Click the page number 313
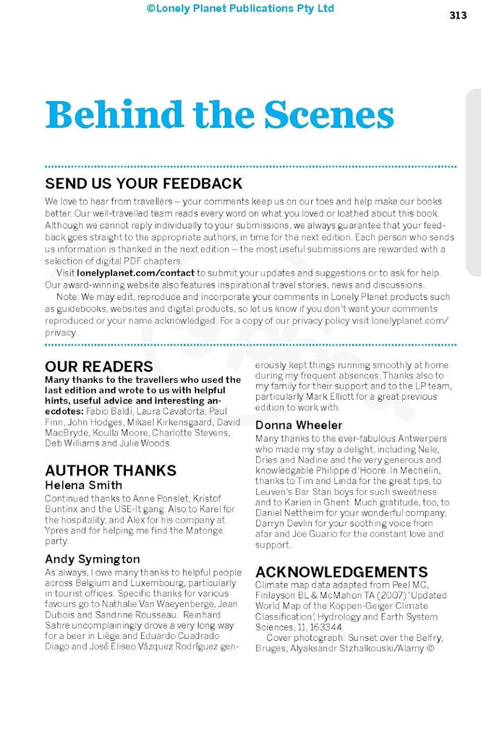(457, 15)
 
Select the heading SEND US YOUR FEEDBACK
(143, 183)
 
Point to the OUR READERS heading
(99, 366)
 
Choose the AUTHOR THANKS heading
(111, 470)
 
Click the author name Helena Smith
(83, 485)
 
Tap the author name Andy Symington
(93, 559)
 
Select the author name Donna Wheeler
(299, 425)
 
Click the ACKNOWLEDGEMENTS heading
(341, 572)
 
